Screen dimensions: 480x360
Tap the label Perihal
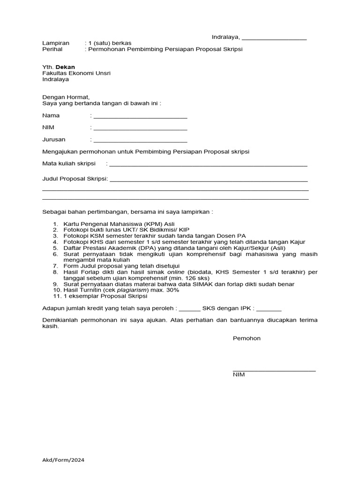click(x=52, y=49)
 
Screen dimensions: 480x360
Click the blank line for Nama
click(x=140, y=117)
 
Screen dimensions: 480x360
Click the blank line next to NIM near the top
click(x=140, y=129)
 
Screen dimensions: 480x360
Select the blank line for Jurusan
click(x=140, y=141)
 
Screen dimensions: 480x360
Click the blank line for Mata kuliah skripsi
click(x=208, y=165)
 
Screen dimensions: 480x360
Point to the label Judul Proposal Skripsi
click(x=75, y=179)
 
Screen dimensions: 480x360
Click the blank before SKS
click(x=189, y=310)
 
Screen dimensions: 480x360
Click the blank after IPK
click(x=269, y=310)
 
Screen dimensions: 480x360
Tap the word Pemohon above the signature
click(x=247, y=338)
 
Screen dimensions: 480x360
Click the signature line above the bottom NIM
click(x=274, y=370)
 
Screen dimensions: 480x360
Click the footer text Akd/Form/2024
click(x=63, y=460)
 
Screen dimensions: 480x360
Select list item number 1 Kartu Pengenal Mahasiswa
click(x=120, y=224)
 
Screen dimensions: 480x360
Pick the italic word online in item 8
click(x=176, y=272)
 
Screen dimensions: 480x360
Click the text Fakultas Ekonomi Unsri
click(x=76, y=73)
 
